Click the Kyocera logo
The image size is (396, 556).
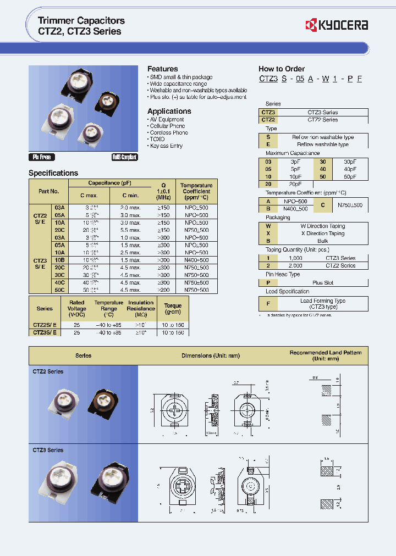click(336, 25)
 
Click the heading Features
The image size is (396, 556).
click(162, 69)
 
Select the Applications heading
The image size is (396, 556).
click(169, 111)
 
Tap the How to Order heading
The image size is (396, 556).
click(281, 69)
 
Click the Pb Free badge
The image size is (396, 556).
click(42, 157)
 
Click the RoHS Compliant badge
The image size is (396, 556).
click(124, 157)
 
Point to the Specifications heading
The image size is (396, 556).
click(53, 173)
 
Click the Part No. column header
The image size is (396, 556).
click(48, 191)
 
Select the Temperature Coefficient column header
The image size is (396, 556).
click(196, 191)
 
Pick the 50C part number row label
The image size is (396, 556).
click(59, 290)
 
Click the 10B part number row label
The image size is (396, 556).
click(59, 259)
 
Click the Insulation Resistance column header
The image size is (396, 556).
click(141, 309)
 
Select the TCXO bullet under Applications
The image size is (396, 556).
click(157, 139)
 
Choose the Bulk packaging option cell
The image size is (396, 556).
click(322, 241)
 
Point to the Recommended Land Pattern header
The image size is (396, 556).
click(326, 355)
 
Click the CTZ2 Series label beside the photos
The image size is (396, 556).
click(48, 371)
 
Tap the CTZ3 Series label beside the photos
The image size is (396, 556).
click(48, 450)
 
